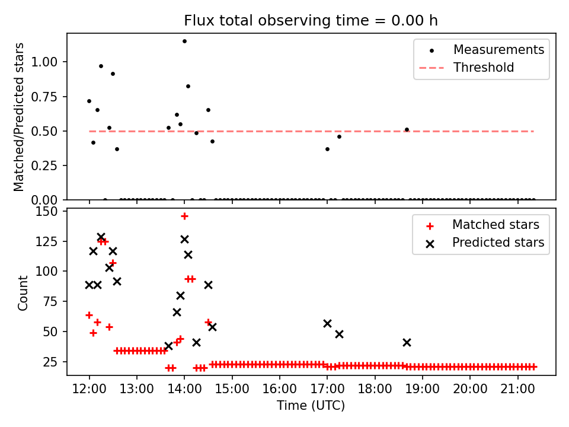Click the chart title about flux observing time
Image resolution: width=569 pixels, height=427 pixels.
coord(311,21)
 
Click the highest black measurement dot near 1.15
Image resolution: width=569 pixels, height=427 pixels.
coord(184,42)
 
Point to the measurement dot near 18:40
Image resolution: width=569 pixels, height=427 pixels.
coord(407,129)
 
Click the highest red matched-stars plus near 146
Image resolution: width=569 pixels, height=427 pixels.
coord(184,216)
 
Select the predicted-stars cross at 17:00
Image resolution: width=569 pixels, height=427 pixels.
coord(327,323)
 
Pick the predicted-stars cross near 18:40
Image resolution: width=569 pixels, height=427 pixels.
coord(407,342)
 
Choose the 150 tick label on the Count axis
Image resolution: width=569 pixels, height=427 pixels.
coord(49,212)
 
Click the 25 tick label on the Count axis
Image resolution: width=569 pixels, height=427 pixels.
coord(52,362)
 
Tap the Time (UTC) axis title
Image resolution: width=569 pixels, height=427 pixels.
coord(311,406)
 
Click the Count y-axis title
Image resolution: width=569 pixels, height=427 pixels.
coord(23,292)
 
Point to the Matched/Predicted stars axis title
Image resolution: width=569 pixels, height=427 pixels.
coord(19,117)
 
